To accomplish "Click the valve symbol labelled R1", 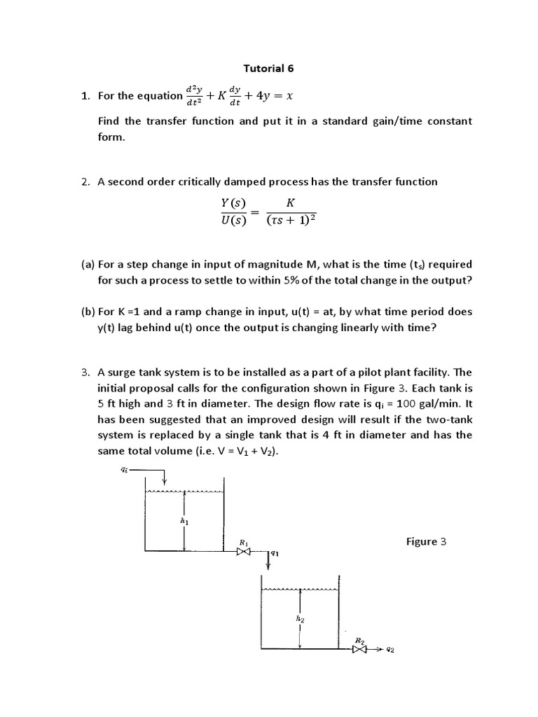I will (243, 552).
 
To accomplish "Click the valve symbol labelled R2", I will (360, 650).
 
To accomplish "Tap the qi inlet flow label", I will (125, 469).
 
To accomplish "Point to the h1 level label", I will (184, 522).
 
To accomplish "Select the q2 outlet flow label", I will (389, 650).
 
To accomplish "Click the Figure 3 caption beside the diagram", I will (426, 541).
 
